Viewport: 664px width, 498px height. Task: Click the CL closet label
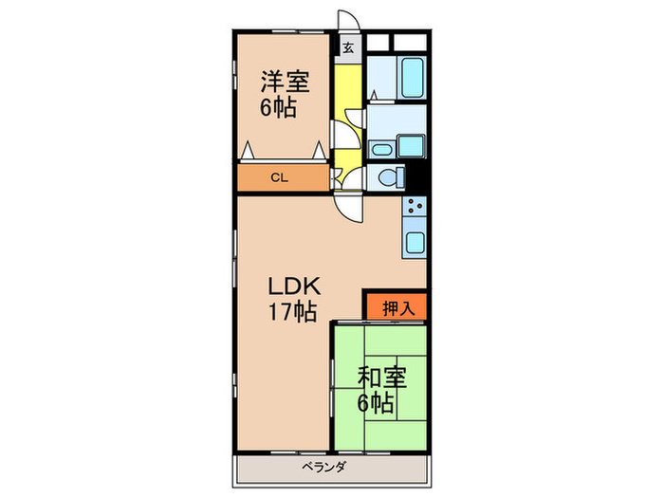(278, 177)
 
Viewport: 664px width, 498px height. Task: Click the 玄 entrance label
(348, 47)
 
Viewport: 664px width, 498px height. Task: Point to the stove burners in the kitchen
(415, 207)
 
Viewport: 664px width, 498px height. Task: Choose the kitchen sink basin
(415, 241)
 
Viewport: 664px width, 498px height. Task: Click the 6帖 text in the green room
(377, 403)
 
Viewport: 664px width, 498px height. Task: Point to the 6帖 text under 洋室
(280, 107)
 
